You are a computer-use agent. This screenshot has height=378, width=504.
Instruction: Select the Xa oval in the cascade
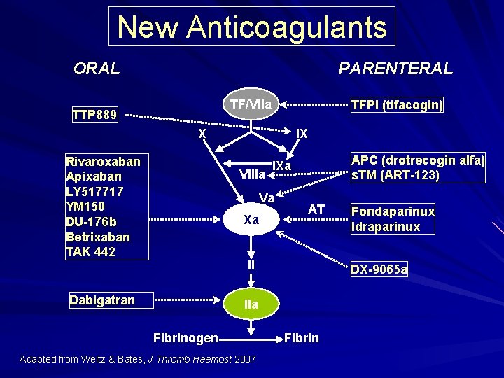[x=251, y=220]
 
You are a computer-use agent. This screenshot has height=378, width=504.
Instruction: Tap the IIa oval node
[x=251, y=304]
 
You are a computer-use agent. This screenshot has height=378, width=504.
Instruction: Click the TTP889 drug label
[x=95, y=114]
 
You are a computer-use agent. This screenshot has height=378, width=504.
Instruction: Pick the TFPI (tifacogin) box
[x=396, y=105]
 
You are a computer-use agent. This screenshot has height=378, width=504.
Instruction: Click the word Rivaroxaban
[x=102, y=162]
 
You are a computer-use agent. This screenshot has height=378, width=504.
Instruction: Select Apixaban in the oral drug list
[x=93, y=176]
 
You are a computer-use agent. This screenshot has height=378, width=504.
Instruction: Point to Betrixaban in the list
[x=97, y=237]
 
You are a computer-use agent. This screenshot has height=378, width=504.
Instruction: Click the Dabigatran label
[x=101, y=300]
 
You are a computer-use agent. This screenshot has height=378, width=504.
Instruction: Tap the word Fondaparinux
[x=393, y=211]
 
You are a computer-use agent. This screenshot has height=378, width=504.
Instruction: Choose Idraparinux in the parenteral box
[x=386, y=226]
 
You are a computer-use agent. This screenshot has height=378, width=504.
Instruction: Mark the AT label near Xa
[x=316, y=209]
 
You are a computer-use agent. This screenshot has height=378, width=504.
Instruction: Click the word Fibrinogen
[x=185, y=338]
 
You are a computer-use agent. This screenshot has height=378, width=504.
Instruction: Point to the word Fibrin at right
[x=302, y=338]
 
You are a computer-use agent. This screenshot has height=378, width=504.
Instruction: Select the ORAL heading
[x=97, y=69]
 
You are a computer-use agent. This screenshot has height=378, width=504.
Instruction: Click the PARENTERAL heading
[x=395, y=69]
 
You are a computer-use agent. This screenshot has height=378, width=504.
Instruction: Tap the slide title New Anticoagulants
[x=252, y=27]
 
